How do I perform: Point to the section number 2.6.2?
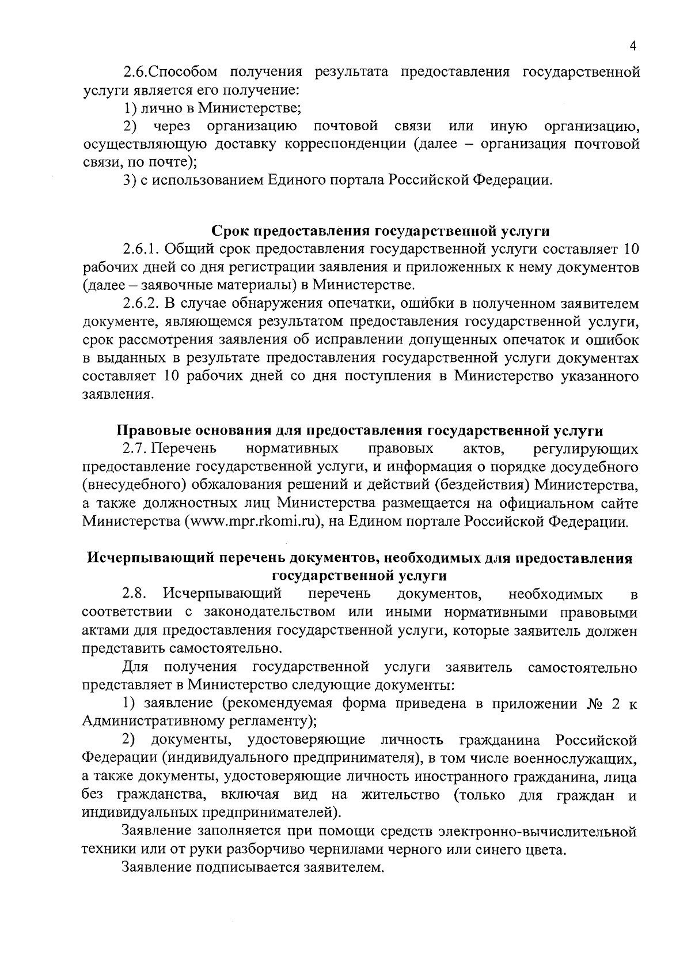coord(141,303)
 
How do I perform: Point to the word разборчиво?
coord(274,850)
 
